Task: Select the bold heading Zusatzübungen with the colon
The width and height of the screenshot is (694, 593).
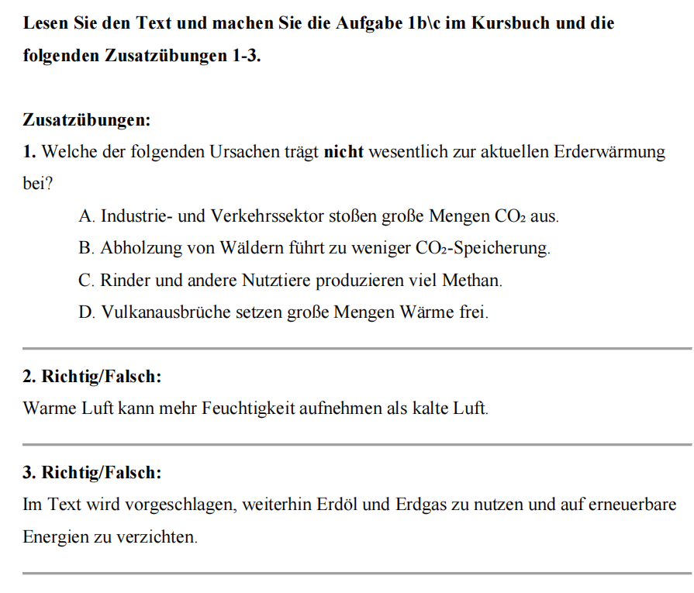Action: [87, 120]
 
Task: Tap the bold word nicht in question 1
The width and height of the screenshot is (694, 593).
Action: [344, 152]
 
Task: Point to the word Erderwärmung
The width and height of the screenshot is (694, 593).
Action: [609, 152]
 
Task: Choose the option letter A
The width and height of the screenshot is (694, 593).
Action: [85, 216]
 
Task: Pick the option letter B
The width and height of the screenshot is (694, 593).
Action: [85, 249]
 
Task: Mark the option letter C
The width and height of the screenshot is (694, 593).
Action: [85, 281]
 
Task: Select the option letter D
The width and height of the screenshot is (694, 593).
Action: [85, 313]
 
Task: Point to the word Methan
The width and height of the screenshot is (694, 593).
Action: [471, 281]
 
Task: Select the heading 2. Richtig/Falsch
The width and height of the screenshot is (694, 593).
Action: [92, 377]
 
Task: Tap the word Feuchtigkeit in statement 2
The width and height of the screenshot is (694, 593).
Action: [253, 408]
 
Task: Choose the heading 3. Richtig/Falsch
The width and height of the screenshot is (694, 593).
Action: [92, 472]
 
